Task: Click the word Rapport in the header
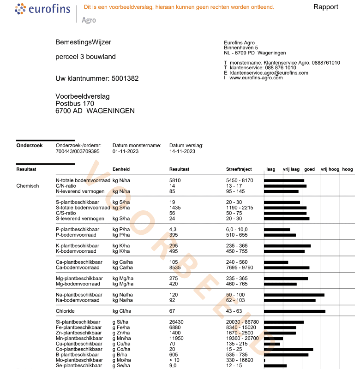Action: pos(325,7)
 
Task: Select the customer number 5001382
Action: pos(125,78)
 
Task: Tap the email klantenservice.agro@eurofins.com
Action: pos(269,73)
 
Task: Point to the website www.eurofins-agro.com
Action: pos(256,78)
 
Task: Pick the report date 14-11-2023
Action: pos(182,151)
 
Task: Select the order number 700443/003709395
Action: pos(78,151)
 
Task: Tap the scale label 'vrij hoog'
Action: pos(330,169)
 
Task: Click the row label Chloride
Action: pos(65,311)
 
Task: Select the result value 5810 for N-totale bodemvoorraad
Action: pos(175,180)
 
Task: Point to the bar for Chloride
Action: pos(294,311)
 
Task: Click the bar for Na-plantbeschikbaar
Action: pos(294,295)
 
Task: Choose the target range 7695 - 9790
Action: pos(240,268)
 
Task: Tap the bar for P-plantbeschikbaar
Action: pos(277,229)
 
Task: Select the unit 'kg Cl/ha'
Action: pos(122,311)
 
